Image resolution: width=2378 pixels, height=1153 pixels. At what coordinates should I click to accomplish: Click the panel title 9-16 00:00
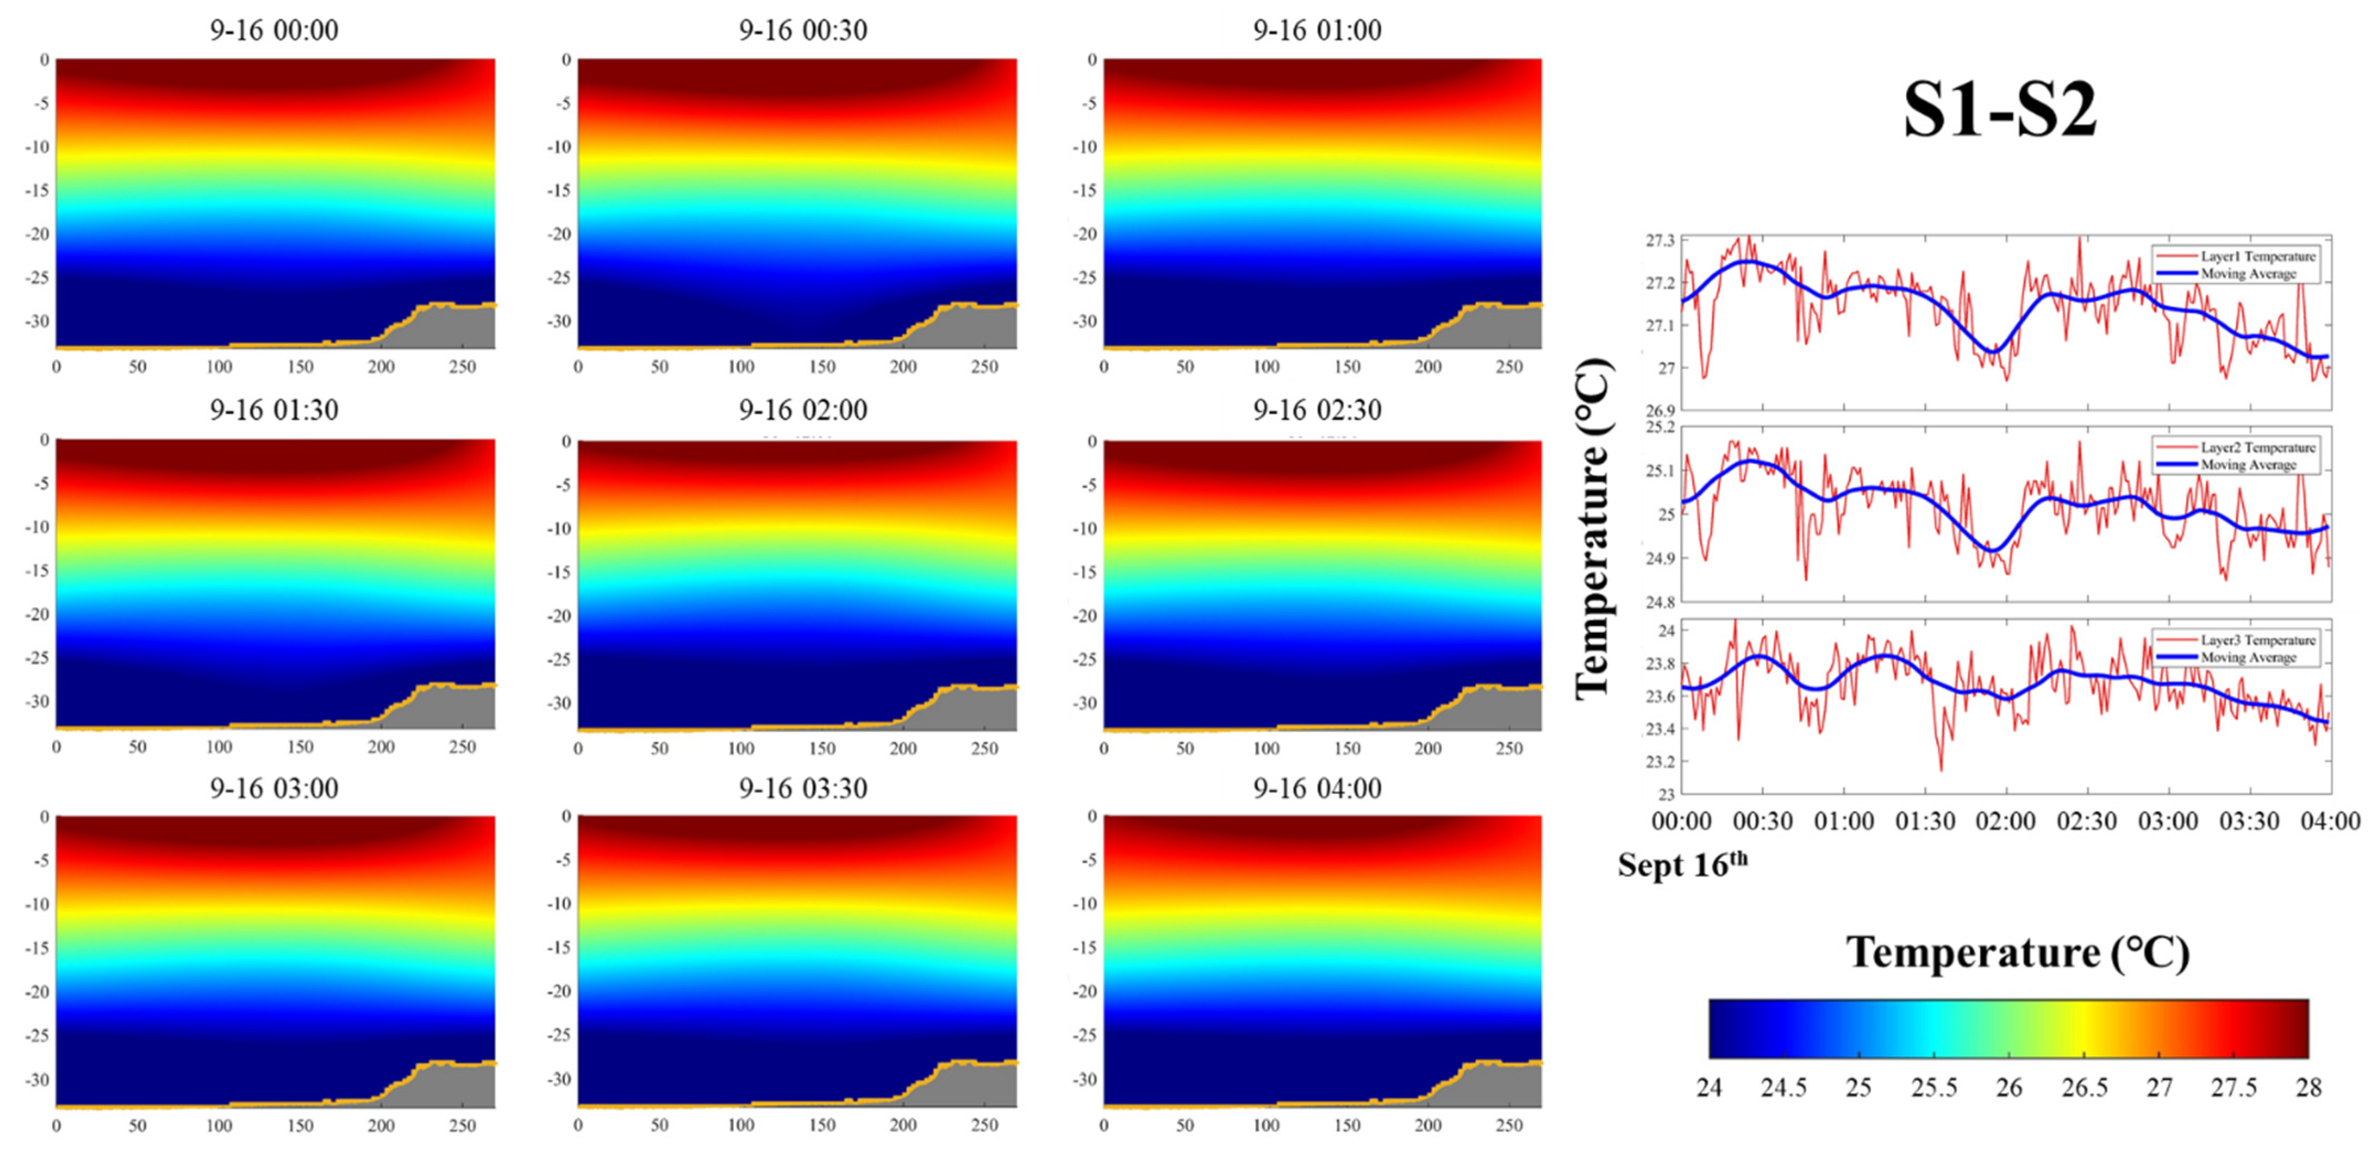pos(274,30)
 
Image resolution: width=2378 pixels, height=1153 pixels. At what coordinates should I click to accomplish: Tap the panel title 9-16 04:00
pos(1317,789)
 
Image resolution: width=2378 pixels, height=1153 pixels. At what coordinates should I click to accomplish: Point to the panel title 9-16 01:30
pos(274,410)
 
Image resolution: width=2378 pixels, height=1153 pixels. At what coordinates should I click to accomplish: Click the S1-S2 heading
pos(2000,110)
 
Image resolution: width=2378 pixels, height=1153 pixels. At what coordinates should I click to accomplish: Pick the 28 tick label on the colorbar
pos(2308,1087)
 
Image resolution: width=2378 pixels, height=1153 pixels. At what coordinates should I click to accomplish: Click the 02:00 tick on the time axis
pos(2005,820)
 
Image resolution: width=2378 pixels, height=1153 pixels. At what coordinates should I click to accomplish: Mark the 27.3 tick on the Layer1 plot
pos(1659,241)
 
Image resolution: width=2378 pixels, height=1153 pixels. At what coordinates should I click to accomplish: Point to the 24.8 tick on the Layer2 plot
pos(1659,603)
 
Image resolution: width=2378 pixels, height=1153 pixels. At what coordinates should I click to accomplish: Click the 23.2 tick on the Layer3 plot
pos(1659,761)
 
